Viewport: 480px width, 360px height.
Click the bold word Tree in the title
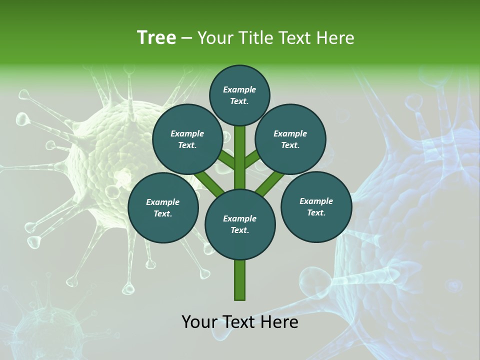click(x=156, y=37)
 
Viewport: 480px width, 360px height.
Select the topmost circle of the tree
click(x=239, y=95)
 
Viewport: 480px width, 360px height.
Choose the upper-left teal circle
click(x=187, y=139)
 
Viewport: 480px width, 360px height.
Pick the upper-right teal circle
click(x=290, y=139)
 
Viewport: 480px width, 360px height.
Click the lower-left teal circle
click(x=162, y=208)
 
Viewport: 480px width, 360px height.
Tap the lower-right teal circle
click(x=316, y=206)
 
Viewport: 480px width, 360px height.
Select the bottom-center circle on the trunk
click(x=240, y=224)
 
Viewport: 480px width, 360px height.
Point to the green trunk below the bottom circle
click(x=240, y=280)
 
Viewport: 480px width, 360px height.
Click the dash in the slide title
click(x=186, y=38)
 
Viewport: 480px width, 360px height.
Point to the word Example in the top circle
click(x=239, y=89)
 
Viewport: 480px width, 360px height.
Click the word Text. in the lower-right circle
click(x=316, y=212)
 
